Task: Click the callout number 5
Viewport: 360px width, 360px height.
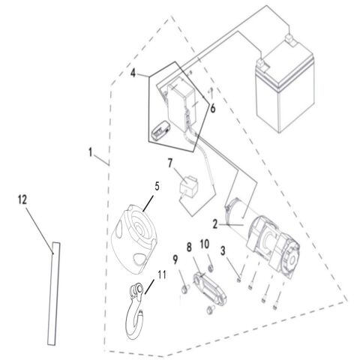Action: pos(157,181)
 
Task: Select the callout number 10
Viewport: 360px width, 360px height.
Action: pos(205,244)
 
